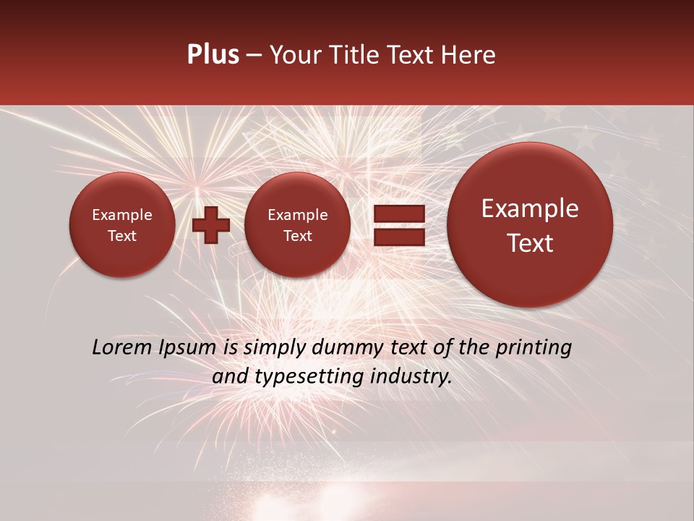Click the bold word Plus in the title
[x=213, y=55]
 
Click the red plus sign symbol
[x=211, y=224]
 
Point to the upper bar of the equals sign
[x=398, y=213]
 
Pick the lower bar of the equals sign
[x=398, y=237]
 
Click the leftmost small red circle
[x=121, y=224]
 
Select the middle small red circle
[x=297, y=224]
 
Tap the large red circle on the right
[x=530, y=224]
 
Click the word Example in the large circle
[x=530, y=208]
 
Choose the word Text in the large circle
[x=530, y=243]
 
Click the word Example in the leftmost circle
[x=121, y=215]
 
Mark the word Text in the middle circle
[x=297, y=236]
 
